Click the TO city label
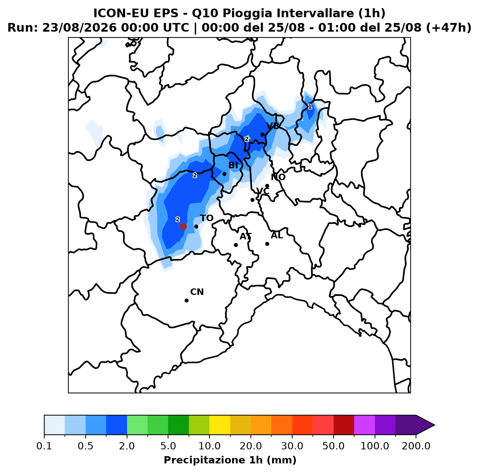pyautogui.click(x=207, y=218)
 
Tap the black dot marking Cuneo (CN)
pyautogui.click(x=186, y=300)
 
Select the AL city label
pyautogui.click(x=277, y=235)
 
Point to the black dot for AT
pyautogui.click(x=236, y=245)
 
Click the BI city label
pyautogui.click(x=233, y=165)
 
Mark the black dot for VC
pyautogui.click(x=252, y=200)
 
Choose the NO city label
pyautogui.click(x=278, y=177)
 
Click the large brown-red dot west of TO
pyautogui.click(x=183, y=226)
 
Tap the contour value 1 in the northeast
pyautogui.click(x=310, y=107)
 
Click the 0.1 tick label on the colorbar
pyautogui.click(x=44, y=446)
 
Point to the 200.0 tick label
pyautogui.click(x=416, y=446)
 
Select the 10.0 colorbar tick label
pyautogui.click(x=209, y=446)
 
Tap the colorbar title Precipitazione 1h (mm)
pyautogui.click(x=230, y=460)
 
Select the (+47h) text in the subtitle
pyautogui.click(x=449, y=28)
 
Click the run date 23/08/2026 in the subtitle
pyautogui.click(x=80, y=28)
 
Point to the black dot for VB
pyautogui.click(x=262, y=134)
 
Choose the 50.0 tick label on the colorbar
pyautogui.click(x=333, y=446)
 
